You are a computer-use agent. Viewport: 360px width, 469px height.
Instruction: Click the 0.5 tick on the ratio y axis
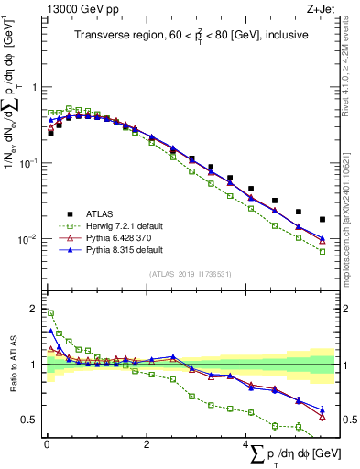tap(28, 420)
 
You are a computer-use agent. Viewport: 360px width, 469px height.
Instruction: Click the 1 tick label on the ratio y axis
tap(32, 365)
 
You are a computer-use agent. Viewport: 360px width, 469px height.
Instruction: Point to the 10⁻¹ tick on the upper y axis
tap(27, 163)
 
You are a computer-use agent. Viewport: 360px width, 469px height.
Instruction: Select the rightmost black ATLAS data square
tap(322, 220)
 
